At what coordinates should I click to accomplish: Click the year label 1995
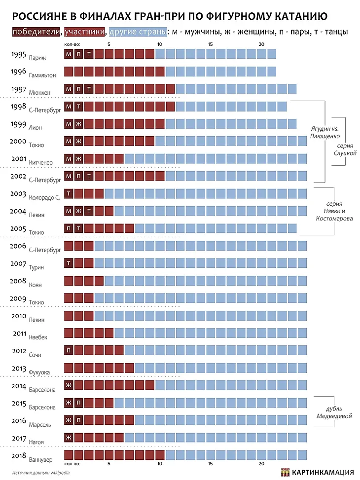click(x=18, y=54)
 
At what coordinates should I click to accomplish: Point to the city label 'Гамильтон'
click(x=42, y=75)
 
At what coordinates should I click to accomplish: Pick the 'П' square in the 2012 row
click(x=69, y=350)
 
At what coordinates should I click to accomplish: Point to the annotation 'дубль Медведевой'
click(x=335, y=412)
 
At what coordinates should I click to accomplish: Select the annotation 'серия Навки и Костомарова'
click(x=334, y=211)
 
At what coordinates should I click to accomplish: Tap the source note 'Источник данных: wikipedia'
click(x=41, y=472)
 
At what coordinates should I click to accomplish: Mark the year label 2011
click(x=20, y=334)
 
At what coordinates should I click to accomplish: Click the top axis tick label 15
click(x=211, y=45)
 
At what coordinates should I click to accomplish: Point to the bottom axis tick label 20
click(x=261, y=464)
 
